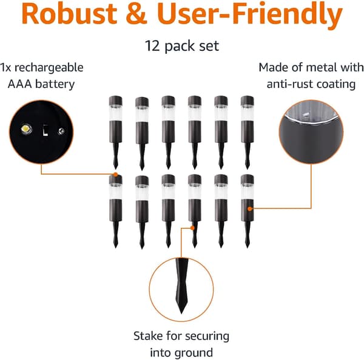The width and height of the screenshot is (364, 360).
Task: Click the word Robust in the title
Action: [69, 13]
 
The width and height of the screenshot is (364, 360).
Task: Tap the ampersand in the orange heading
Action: [136, 14]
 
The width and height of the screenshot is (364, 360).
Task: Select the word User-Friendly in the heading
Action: [250, 16]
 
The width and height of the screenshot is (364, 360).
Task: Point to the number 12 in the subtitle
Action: [152, 46]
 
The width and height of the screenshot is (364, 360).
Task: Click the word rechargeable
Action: [49, 68]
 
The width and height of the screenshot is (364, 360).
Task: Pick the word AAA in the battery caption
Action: [20, 84]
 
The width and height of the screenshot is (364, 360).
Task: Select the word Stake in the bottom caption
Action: [148, 336]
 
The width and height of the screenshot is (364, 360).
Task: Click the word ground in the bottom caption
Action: [194, 353]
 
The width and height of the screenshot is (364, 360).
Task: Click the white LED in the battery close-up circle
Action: [26, 129]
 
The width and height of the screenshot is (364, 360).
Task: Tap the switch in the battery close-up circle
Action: [45, 130]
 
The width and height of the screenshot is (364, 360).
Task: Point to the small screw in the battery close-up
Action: [61, 132]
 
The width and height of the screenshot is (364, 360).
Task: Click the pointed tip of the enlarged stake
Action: [181, 313]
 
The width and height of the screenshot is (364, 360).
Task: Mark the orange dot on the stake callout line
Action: [192, 228]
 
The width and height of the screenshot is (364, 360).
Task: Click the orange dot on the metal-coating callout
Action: [250, 208]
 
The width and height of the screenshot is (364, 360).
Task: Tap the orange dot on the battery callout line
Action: [115, 175]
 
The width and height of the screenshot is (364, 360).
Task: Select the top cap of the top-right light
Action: [248, 101]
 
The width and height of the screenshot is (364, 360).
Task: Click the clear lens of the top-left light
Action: [116, 113]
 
